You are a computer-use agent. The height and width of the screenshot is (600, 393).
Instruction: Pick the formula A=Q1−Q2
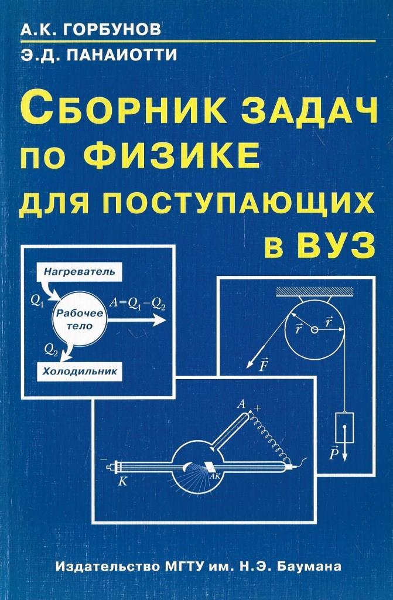pos(138,304)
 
